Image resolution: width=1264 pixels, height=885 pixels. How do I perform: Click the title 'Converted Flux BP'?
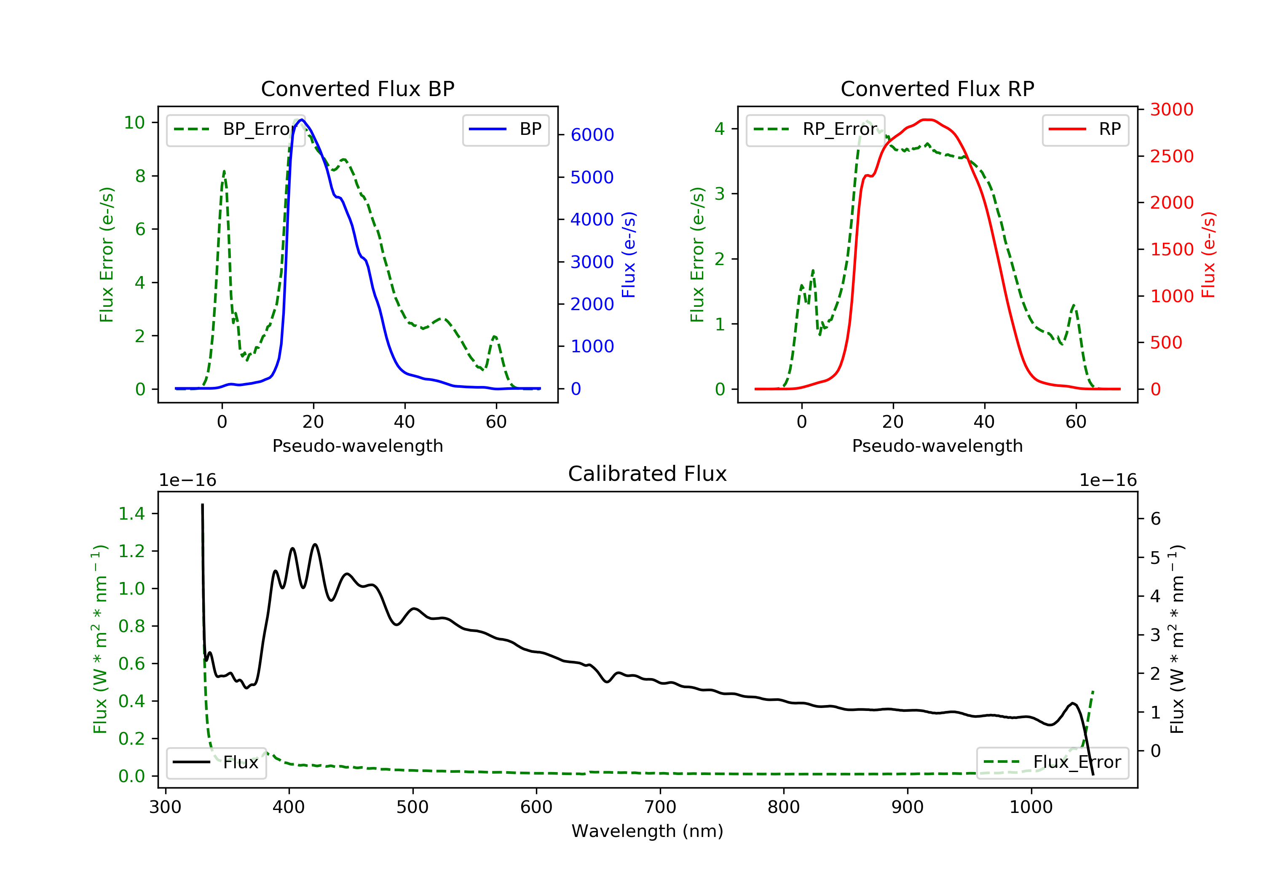(357, 88)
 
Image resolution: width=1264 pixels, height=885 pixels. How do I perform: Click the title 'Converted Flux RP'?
(937, 88)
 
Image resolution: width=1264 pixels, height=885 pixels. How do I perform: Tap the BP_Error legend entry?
(236, 129)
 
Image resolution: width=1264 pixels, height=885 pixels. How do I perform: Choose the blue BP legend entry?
(505, 129)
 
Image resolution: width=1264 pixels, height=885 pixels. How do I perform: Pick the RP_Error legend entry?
(815, 129)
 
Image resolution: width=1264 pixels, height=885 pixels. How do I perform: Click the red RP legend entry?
(1085, 129)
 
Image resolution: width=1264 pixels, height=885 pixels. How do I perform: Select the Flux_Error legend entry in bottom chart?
(1052, 762)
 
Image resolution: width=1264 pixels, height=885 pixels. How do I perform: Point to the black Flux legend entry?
(216, 762)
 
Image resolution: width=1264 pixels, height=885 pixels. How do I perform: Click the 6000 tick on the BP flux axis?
(592, 135)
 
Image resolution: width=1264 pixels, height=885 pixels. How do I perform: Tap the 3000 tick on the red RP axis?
(1171, 110)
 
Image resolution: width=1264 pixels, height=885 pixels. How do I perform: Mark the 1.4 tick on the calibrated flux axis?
(131, 514)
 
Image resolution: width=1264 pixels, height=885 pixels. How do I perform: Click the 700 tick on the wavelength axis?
(659, 807)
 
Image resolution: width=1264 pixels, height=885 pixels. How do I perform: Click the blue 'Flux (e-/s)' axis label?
(629, 255)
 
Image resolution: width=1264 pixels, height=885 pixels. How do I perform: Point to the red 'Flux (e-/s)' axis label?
(1208, 255)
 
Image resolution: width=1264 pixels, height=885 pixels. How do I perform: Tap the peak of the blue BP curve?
(301, 120)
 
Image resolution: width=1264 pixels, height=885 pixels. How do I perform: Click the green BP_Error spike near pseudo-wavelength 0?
(224, 172)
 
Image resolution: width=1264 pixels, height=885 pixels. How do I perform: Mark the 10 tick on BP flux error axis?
(134, 122)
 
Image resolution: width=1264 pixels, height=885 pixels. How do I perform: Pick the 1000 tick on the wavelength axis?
(1031, 807)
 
